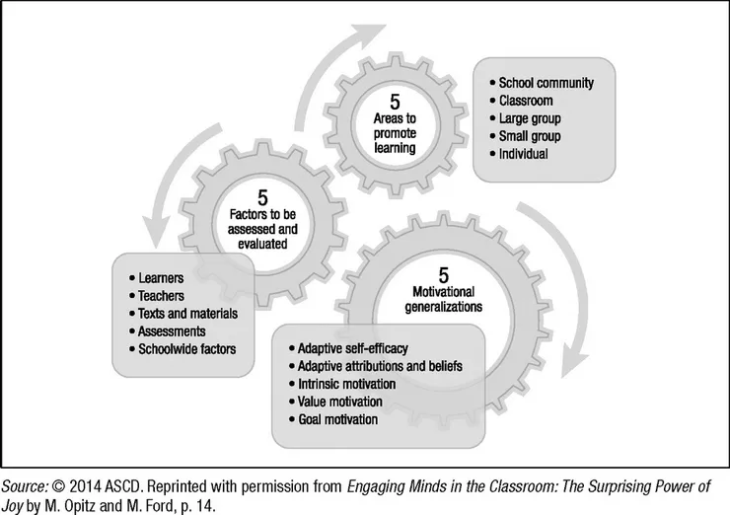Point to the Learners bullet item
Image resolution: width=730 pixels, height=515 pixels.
pos(156,279)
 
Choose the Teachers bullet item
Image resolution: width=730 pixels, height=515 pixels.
pos(158,297)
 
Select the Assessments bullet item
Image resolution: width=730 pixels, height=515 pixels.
pos(169,331)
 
